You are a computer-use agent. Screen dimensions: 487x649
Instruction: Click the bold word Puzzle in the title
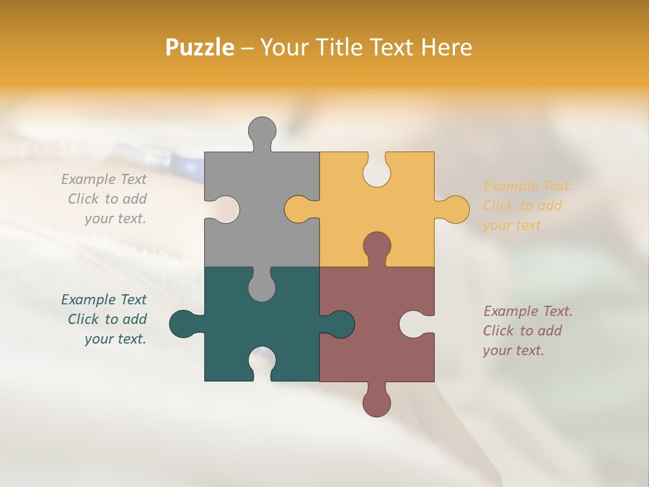(200, 47)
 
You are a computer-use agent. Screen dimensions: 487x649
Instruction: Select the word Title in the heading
(345, 47)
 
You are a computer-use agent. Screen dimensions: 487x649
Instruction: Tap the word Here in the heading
(446, 47)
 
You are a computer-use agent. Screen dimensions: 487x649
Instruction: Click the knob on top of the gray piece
(262, 131)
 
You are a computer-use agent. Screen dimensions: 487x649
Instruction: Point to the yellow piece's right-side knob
(455, 209)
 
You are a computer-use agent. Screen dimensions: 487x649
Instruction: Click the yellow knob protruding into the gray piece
(297, 209)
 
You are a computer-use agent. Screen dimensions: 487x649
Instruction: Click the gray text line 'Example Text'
(103, 179)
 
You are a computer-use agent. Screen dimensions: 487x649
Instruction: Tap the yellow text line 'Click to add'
(522, 206)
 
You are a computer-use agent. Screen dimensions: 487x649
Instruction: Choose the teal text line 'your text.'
(115, 339)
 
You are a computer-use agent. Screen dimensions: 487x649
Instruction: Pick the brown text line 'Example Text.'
(527, 311)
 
